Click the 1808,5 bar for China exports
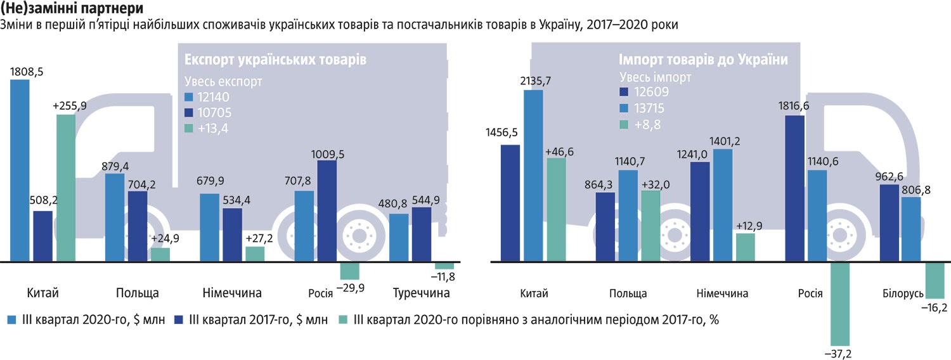[20, 170]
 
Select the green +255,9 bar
[66, 187]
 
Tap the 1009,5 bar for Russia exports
[327, 210]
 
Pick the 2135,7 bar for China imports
[533, 175]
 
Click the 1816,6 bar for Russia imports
[795, 188]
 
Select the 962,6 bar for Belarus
[890, 222]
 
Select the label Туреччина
[421, 293]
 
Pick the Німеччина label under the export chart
[232, 293]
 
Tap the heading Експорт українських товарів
[275, 60]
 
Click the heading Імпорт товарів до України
[703, 60]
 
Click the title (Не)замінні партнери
[71, 10]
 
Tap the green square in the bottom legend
[345, 320]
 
